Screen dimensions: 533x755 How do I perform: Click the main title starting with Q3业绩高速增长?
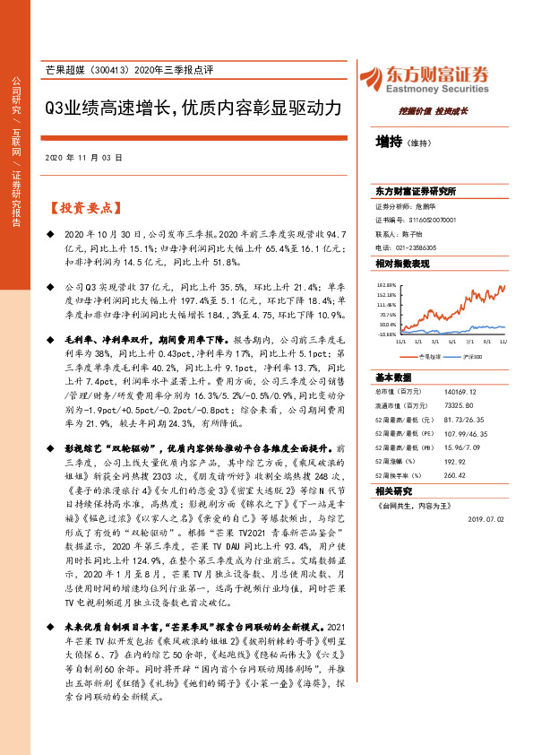[193, 108]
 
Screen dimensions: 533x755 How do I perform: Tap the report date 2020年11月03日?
[82, 157]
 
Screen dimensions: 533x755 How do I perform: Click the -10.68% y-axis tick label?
[386, 334]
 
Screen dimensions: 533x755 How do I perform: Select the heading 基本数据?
[392, 377]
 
